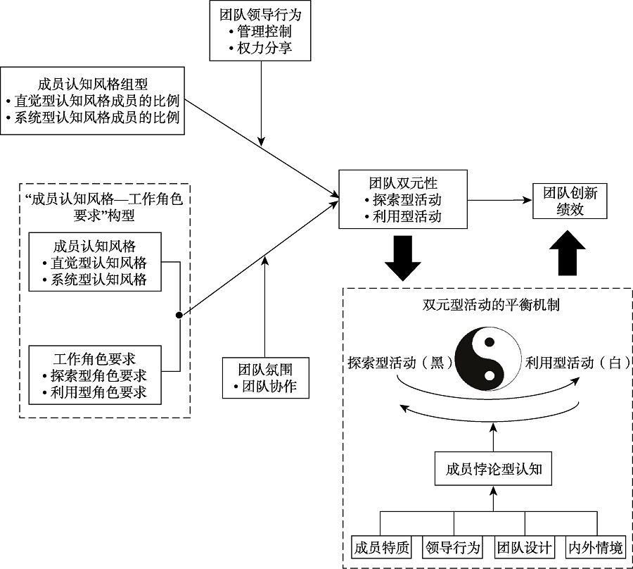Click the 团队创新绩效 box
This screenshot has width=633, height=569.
[x=570, y=201]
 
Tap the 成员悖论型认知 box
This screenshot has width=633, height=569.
[x=493, y=469]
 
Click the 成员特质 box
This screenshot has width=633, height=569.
[x=381, y=547]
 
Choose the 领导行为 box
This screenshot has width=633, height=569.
[x=454, y=547]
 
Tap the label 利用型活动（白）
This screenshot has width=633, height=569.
[x=577, y=363]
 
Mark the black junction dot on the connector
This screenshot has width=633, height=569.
[x=179, y=315]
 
